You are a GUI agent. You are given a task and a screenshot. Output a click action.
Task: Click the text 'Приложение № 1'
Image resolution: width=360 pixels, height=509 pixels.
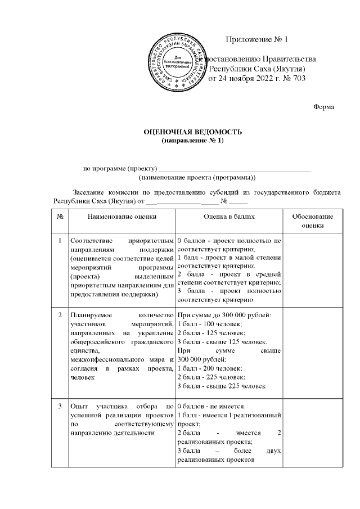click(x=256, y=40)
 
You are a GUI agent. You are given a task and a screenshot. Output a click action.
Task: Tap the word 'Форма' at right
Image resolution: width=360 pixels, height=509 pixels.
click(x=323, y=106)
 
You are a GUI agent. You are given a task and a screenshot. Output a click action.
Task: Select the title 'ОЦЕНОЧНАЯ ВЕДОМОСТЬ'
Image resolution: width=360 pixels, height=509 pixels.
click(x=193, y=132)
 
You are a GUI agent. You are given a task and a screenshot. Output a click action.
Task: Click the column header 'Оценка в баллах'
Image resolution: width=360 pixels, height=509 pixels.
click(x=229, y=216)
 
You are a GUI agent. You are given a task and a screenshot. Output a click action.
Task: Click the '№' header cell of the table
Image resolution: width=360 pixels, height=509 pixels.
click(x=59, y=216)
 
